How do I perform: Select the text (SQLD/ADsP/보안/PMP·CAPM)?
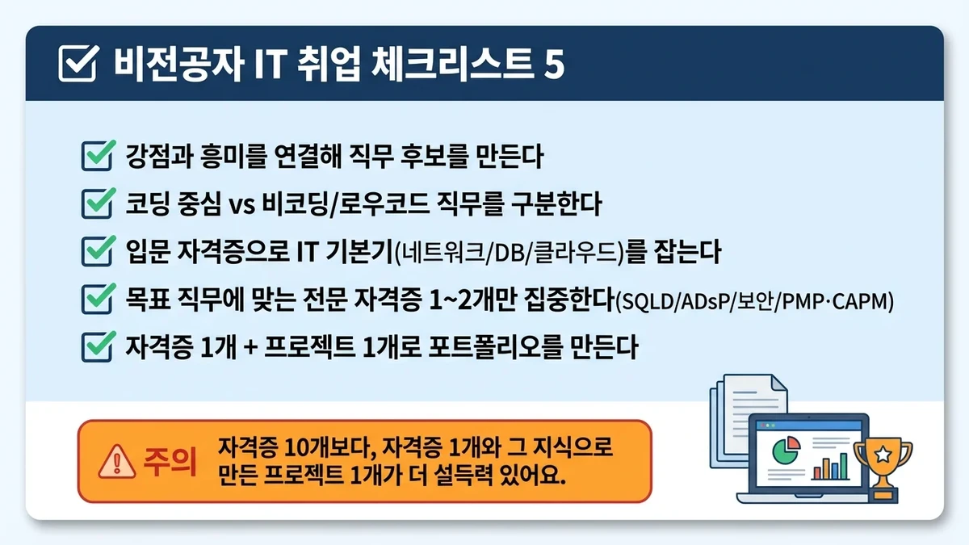tap(755, 302)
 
